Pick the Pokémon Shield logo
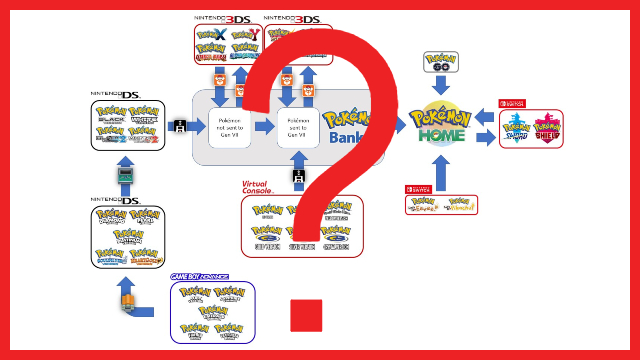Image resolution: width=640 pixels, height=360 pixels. pyautogui.click(x=548, y=129)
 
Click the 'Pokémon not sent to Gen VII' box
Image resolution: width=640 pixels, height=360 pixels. pyautogui.click(x=229, y=128)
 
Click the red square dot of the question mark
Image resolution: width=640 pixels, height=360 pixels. pyautogui.click(x=306, y=313)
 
